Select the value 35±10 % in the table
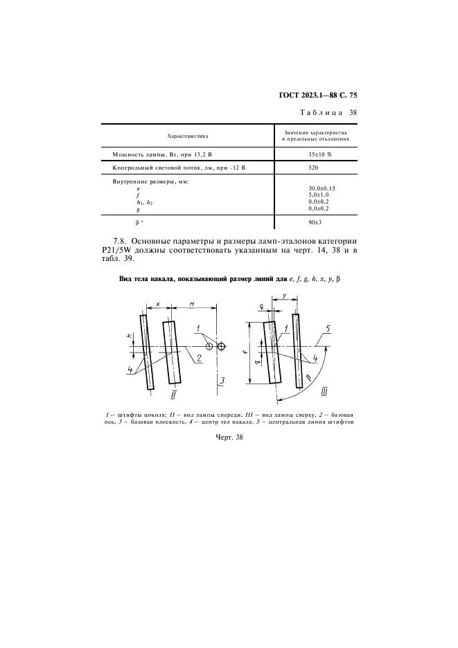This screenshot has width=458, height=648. pos(319,154)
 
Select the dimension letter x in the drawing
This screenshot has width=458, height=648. pos(159,305)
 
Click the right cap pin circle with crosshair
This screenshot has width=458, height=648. pos(221,346)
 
